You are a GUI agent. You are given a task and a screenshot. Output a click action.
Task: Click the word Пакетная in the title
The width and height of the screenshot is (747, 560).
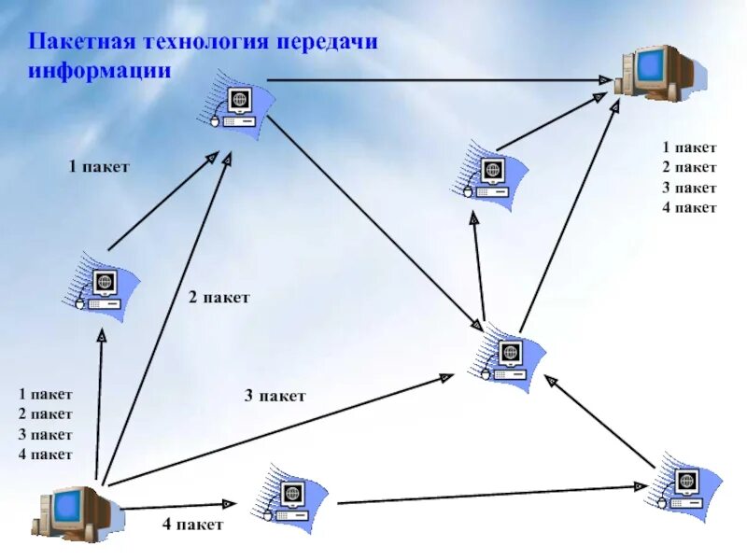[x=82, y=43]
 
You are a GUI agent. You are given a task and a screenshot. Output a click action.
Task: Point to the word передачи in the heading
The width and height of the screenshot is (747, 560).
[x=327, y=43]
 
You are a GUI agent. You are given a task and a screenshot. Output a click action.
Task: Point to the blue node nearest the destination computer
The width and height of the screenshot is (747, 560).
[x=490, y=176]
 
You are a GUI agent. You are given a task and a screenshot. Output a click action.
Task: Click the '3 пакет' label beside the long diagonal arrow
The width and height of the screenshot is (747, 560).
[x=275, y=397]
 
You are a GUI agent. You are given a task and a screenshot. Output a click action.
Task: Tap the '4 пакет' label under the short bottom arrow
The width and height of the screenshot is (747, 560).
[x=192, y=525]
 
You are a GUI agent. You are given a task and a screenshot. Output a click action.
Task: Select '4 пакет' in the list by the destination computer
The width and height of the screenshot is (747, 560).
[x=689, y=207]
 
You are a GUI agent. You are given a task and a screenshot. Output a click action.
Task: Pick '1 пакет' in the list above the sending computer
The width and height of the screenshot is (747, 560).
[x=45, y=394]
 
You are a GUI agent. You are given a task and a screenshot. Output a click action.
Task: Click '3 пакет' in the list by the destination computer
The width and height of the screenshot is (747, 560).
[x=689, y=188]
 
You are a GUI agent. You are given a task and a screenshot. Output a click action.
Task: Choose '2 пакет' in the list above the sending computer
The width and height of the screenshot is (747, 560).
[x=45, y=414]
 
